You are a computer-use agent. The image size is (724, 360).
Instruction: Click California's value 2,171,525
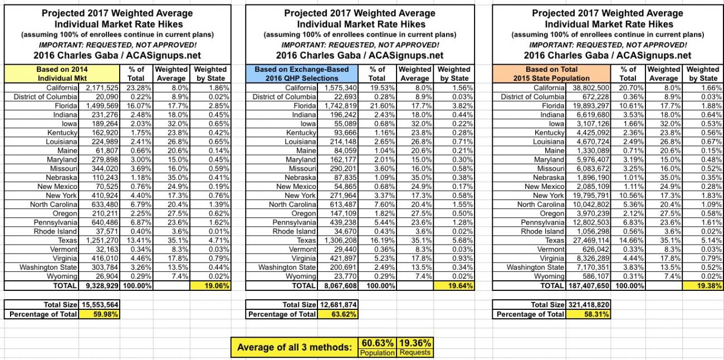[100, 87]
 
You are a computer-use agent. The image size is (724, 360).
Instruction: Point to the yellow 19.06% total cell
[211, 286]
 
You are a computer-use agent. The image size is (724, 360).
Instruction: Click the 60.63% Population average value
[378, 343]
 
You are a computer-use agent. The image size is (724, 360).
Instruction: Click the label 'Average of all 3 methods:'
[295, 347]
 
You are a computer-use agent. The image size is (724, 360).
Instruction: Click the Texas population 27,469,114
[589, 240]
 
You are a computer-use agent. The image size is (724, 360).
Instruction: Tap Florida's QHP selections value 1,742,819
[338, 105]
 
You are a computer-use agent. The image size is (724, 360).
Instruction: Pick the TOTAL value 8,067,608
[338, 286]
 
